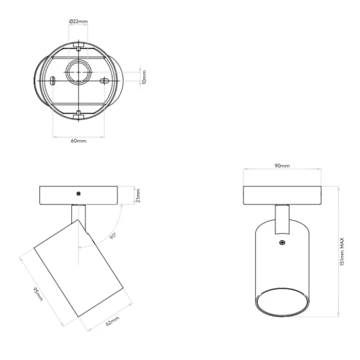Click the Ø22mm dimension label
[x=78, y=21]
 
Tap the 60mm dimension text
[x=78, y=141]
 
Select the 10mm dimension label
[x=144, y=77]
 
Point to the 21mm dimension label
[x=138, y=195]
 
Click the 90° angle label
[x=113, y=236]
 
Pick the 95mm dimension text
[x=38, y=294]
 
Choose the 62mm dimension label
[x=113, y=321]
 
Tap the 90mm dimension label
[x=282, y=166]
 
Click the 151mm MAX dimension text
[x=342, y=252]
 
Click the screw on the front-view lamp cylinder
[x=282, y=242]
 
